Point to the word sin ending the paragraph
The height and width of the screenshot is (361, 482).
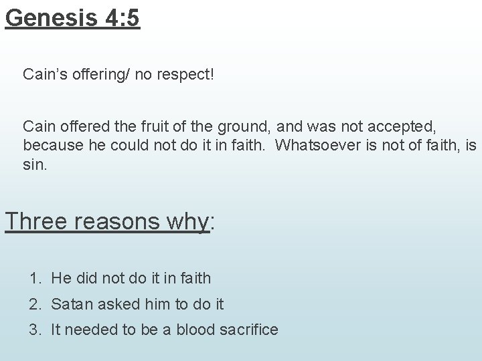point(33,164)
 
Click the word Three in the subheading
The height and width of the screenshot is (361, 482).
point(37,221)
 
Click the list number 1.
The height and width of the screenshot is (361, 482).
point(34,277)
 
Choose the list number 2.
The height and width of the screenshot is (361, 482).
point(34,304)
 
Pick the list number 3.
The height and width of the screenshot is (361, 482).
point(34,330)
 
